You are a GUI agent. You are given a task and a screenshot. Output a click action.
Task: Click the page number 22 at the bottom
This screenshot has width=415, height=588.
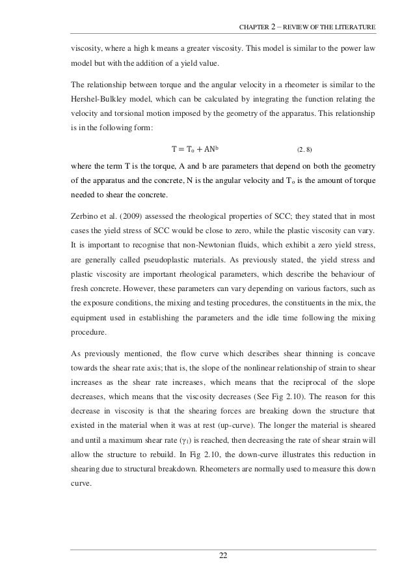click(224, 555)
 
